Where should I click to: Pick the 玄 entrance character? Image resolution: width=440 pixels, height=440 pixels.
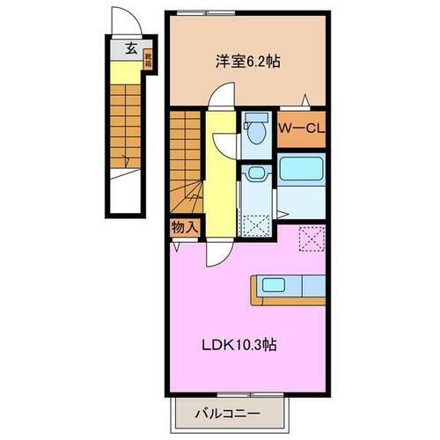pos(130,48)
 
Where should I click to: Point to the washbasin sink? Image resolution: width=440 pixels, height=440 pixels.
pos(256,174)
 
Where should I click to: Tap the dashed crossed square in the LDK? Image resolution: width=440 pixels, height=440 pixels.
pos(312,238)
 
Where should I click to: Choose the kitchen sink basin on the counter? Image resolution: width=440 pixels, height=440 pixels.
pos(268,285)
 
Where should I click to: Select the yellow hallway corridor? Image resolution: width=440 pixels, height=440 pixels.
pos(220,176)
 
